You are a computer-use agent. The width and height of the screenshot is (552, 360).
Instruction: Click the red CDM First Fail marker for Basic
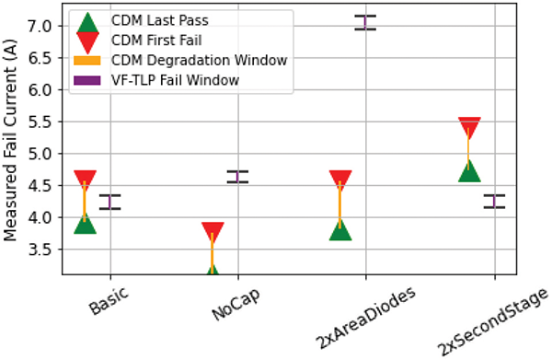[86, 180]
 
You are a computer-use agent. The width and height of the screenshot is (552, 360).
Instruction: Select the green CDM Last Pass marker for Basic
[86, 223]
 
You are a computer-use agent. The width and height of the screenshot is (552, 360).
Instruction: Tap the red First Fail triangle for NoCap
[213, 232]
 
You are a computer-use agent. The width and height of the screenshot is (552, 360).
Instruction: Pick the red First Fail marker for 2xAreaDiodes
[340, 180]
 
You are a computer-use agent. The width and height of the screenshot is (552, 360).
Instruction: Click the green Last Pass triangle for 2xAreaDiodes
[340, 228]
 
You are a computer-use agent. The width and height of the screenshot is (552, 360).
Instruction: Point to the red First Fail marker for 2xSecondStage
[469, 127]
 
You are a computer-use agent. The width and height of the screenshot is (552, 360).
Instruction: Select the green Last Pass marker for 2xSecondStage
[469, 169]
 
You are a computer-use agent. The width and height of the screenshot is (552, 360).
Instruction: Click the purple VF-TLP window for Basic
[110, 202]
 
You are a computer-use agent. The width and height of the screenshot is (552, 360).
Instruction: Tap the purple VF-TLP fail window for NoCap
[237, 176]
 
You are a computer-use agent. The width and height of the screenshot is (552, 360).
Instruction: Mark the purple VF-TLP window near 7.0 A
[365, 22]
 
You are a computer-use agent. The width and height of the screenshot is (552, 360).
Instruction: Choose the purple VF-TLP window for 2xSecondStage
[494, 201]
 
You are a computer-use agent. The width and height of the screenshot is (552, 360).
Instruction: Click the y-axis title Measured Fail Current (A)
[12, 145]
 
